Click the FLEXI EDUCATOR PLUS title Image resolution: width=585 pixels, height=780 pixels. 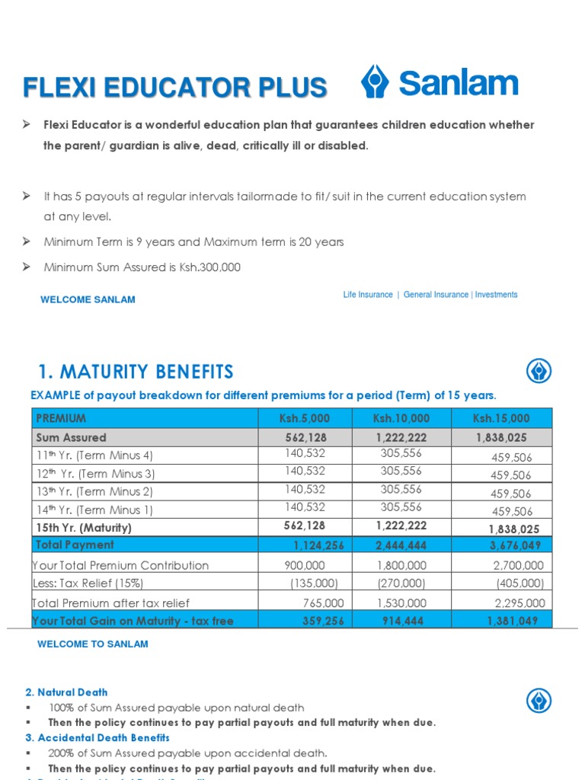point(175,88)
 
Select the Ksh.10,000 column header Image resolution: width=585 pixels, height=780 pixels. point(401,418)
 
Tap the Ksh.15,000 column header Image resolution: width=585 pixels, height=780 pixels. point(500,418)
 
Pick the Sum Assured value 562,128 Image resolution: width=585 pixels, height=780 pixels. point(305,437)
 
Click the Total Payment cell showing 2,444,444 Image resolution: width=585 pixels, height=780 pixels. point(401,545)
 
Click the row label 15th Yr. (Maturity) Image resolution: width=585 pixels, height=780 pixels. point(84,527)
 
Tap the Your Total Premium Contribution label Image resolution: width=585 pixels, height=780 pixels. point(120,565)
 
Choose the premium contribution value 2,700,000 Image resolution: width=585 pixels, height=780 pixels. point(518,565)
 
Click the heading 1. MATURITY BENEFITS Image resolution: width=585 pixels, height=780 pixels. point(136,372)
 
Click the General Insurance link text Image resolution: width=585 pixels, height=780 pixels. point(436,295)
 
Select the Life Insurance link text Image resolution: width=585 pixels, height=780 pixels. point(368,295)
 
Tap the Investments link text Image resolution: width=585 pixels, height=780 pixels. point(496,295)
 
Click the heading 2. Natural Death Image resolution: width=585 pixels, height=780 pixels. point(66,692)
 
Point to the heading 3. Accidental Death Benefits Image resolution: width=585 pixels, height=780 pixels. point(97,737)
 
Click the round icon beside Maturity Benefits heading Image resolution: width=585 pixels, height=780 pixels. point(539,372)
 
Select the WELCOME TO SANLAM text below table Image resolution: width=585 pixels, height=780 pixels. point(93,644)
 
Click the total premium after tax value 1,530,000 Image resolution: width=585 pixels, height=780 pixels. point(401,603)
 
